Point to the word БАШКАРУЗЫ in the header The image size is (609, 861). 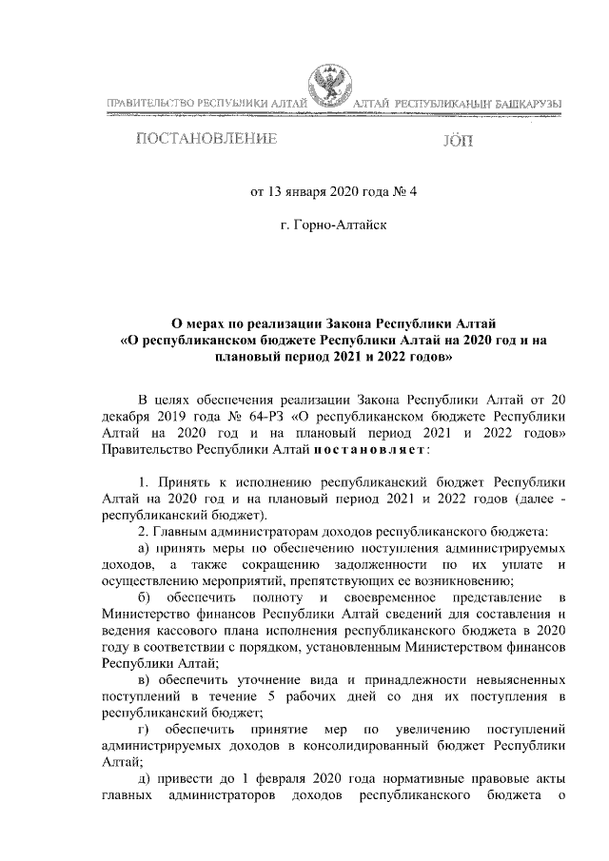526,102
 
